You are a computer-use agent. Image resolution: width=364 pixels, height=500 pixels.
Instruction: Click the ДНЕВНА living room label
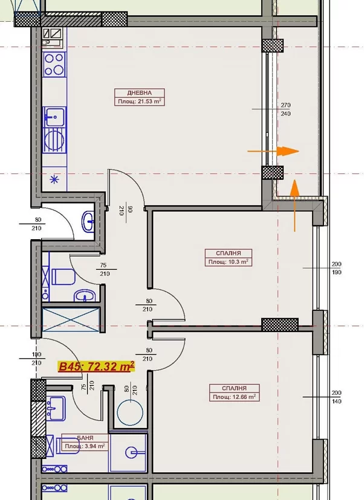(x=140, y=93)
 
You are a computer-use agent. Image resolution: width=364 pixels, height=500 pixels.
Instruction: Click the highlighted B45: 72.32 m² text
(x=96, y=367)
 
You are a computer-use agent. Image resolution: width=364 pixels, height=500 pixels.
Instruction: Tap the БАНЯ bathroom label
(x=85, y=438)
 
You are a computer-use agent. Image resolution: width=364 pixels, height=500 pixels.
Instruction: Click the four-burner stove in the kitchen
(x=54, y=65)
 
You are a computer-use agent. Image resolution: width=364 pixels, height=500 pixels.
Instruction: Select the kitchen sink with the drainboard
(x=54, y=129)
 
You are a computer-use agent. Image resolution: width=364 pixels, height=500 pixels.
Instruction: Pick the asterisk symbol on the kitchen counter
(x=54, y=179)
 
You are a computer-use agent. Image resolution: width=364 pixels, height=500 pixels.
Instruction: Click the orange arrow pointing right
(x=273, y=151)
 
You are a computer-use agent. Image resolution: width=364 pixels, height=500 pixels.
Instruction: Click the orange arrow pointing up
(x=294, y=205)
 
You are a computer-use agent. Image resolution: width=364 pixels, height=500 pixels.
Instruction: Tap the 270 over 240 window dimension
(x=285, y=109)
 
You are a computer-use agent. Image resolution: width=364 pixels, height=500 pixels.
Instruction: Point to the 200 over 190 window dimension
(x=336, y=268)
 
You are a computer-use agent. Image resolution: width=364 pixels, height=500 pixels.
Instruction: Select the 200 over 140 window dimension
(x=336, y=397)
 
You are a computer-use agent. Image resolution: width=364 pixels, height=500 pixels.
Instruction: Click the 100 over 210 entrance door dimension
(x=36, y=359)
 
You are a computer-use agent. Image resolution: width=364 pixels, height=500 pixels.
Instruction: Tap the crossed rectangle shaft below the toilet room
(x=70, y=320)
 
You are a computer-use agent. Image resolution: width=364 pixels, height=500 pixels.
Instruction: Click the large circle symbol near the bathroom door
(x=130, y=412)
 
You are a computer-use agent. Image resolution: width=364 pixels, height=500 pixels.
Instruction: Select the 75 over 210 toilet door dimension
(x=105, y=269)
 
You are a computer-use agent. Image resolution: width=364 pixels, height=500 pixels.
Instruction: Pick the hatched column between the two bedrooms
(x=280, y=325)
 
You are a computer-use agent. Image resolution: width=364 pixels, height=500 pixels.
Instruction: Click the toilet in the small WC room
(x=63, y=277)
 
